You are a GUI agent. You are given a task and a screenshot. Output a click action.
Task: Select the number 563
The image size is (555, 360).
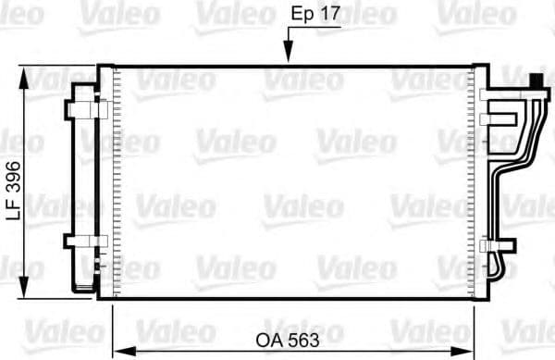tap(304, 340)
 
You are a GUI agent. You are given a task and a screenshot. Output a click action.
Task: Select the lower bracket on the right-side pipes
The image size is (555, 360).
tap(497, 245)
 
